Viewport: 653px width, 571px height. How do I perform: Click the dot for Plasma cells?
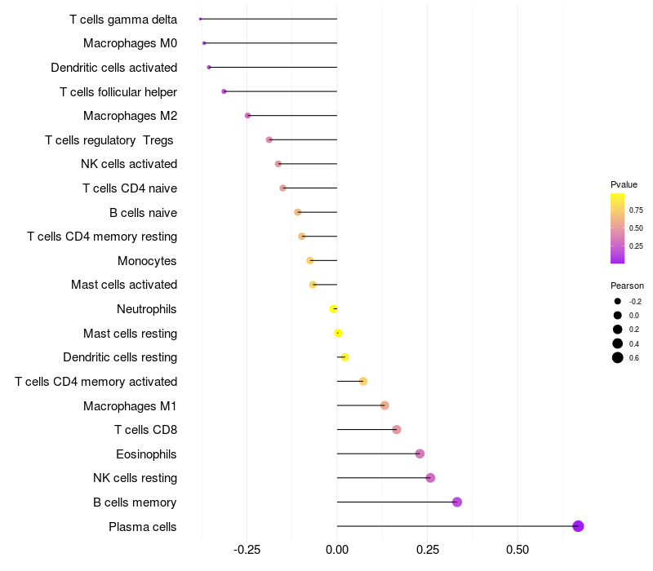[x=578, y=526]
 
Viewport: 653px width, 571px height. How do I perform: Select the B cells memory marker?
[x=457, y=502]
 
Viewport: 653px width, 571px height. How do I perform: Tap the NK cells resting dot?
[x=430, y=478]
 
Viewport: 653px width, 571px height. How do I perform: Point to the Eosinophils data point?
[x=420, y=454]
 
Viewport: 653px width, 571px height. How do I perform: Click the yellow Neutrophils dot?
[x=334, y=309]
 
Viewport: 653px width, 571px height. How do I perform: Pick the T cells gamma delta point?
[x=200, y=19]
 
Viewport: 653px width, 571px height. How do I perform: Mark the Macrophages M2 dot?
[x=248, y=116]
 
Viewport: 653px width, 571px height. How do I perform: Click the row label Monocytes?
[x=147, y=261]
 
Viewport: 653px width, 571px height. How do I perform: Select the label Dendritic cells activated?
[x=113, y=68]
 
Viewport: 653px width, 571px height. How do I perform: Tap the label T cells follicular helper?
[x=118, y=92]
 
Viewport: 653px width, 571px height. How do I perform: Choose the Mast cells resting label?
[x=130, y=334]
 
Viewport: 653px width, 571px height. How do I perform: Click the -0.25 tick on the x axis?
[x=247, y=551]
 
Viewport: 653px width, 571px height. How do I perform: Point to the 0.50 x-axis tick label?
[x=518, y=551]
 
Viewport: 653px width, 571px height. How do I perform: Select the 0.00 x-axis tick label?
[x=337, y=551]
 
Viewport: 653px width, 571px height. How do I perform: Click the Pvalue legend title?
[x=624, y=184]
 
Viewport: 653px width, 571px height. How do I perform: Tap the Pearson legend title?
[x=627, y=285]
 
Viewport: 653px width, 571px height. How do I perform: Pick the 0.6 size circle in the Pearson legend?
[x=618, y=357]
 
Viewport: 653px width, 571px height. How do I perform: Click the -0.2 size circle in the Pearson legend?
[x=618, y=301]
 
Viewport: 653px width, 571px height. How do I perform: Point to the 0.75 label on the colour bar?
[x=636, y=210]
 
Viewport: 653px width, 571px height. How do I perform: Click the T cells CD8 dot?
[x=397, y=430]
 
